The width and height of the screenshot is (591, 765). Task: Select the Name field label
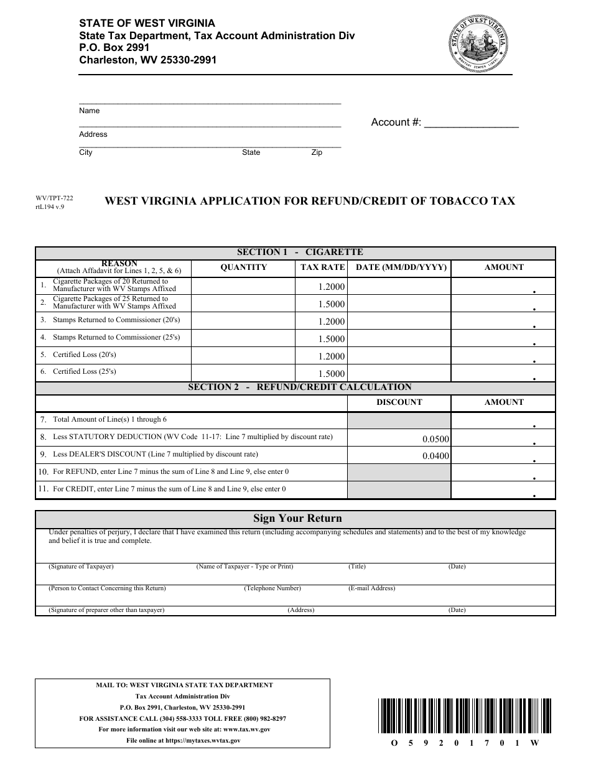click(89, 111)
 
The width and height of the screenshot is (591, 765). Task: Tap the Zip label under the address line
click(317, 152)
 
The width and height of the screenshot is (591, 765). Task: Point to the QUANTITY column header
click(243, 267)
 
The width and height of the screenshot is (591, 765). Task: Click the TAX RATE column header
click(322, 267)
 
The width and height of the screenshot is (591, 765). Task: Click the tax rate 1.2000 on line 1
click(331, 287)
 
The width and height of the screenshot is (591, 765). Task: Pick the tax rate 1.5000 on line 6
click(331, 374)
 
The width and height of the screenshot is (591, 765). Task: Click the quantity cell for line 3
click(243, 321)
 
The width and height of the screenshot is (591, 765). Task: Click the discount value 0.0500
click(435, 439)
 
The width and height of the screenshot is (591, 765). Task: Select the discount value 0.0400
click(435, 456)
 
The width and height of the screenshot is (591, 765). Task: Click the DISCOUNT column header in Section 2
click(399, 402)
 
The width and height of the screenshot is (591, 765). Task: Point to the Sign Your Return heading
click(297, 519)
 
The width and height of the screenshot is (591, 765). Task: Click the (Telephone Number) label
click(272, 588)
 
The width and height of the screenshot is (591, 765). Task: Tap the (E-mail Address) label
click(371, 588)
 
